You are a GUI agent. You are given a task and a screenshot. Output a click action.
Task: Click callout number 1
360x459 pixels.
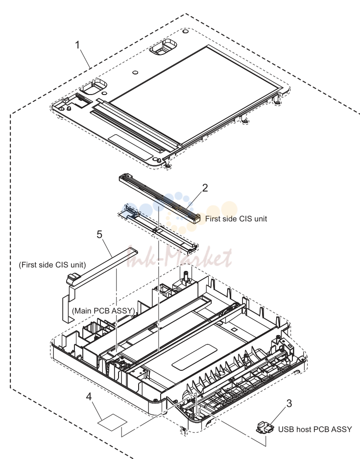[x=77, y=45]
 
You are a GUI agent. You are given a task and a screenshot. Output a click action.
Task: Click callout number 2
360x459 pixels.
[x=205, y=188]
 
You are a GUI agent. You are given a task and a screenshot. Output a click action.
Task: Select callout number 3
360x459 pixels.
[x=289, y=403]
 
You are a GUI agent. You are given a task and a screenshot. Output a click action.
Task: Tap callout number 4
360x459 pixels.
[x=89, y=397]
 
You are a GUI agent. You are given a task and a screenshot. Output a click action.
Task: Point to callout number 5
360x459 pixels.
[x=99, y=235]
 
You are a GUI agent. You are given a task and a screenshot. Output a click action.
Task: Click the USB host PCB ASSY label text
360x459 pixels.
[x=315, y=430]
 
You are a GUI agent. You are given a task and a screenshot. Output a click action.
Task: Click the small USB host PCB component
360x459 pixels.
[x=265, y=427]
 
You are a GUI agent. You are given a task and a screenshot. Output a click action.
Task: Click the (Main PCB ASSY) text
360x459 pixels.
[x=103, y=311]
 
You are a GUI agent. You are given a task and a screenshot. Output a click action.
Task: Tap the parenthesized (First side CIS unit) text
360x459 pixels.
[x=52, y=265]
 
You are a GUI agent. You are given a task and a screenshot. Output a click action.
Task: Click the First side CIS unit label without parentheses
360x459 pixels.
[x=236, y=218]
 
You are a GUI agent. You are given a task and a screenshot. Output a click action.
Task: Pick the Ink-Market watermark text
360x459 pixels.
[x=179, y=258]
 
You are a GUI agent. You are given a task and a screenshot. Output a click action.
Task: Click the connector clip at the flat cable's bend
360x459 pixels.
[x=73, y=278]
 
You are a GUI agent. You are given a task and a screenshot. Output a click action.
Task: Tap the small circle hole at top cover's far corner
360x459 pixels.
[x=185, y=31]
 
